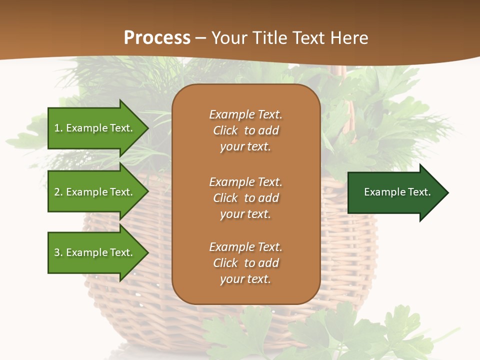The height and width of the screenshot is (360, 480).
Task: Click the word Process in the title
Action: coord(157,38)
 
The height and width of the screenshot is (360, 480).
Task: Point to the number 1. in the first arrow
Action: coord(58,128)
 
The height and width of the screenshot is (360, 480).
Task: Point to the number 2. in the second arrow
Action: coord(58,192)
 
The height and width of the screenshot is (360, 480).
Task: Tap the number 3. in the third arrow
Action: coord(58,252)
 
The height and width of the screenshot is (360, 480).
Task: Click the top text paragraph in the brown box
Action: coord(245,130)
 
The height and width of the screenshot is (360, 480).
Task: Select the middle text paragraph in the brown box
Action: coord(245,198)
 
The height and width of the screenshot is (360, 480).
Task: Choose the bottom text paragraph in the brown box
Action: coord(245,263)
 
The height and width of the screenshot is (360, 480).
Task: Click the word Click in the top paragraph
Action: coord(225,130)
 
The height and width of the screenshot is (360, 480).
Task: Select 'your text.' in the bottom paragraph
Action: coord(245,279)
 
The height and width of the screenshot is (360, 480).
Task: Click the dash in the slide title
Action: coord(201,38)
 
